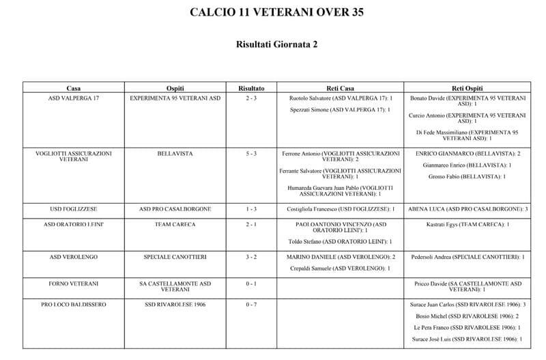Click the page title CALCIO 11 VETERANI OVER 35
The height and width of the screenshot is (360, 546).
(x=272, y=12)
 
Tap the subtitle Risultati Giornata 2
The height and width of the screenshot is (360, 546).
(x=272, y=44)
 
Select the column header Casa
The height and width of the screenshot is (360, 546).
(x=74, y=88)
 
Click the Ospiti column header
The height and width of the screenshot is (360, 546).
(x=175, y=88)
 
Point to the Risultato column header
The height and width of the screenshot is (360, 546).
(x=251, y=88)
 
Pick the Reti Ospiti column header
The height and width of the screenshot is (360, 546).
(x=468, y=88)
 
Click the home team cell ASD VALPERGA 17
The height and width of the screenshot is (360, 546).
(x=74, y=98)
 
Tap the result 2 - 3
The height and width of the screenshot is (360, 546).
(x=251, y=98)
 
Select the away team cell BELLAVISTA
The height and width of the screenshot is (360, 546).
(x=175, y=154)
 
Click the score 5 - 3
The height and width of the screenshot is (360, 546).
(x=251, y=154)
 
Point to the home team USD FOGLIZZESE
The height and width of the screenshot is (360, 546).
(x=74, y=208)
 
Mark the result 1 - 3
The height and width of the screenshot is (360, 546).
(x=251, y=208)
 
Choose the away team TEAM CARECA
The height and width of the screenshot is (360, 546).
(x=175, y=224)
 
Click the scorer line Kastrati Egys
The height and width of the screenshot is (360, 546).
(x=468, y=224)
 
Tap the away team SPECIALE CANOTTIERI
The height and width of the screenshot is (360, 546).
(x=175, y=257)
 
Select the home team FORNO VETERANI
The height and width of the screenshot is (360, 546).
(x=74, y=283)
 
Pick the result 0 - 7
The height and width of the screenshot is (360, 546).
(x=251, y=305)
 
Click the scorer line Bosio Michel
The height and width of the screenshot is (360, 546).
(x=468, y=316)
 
